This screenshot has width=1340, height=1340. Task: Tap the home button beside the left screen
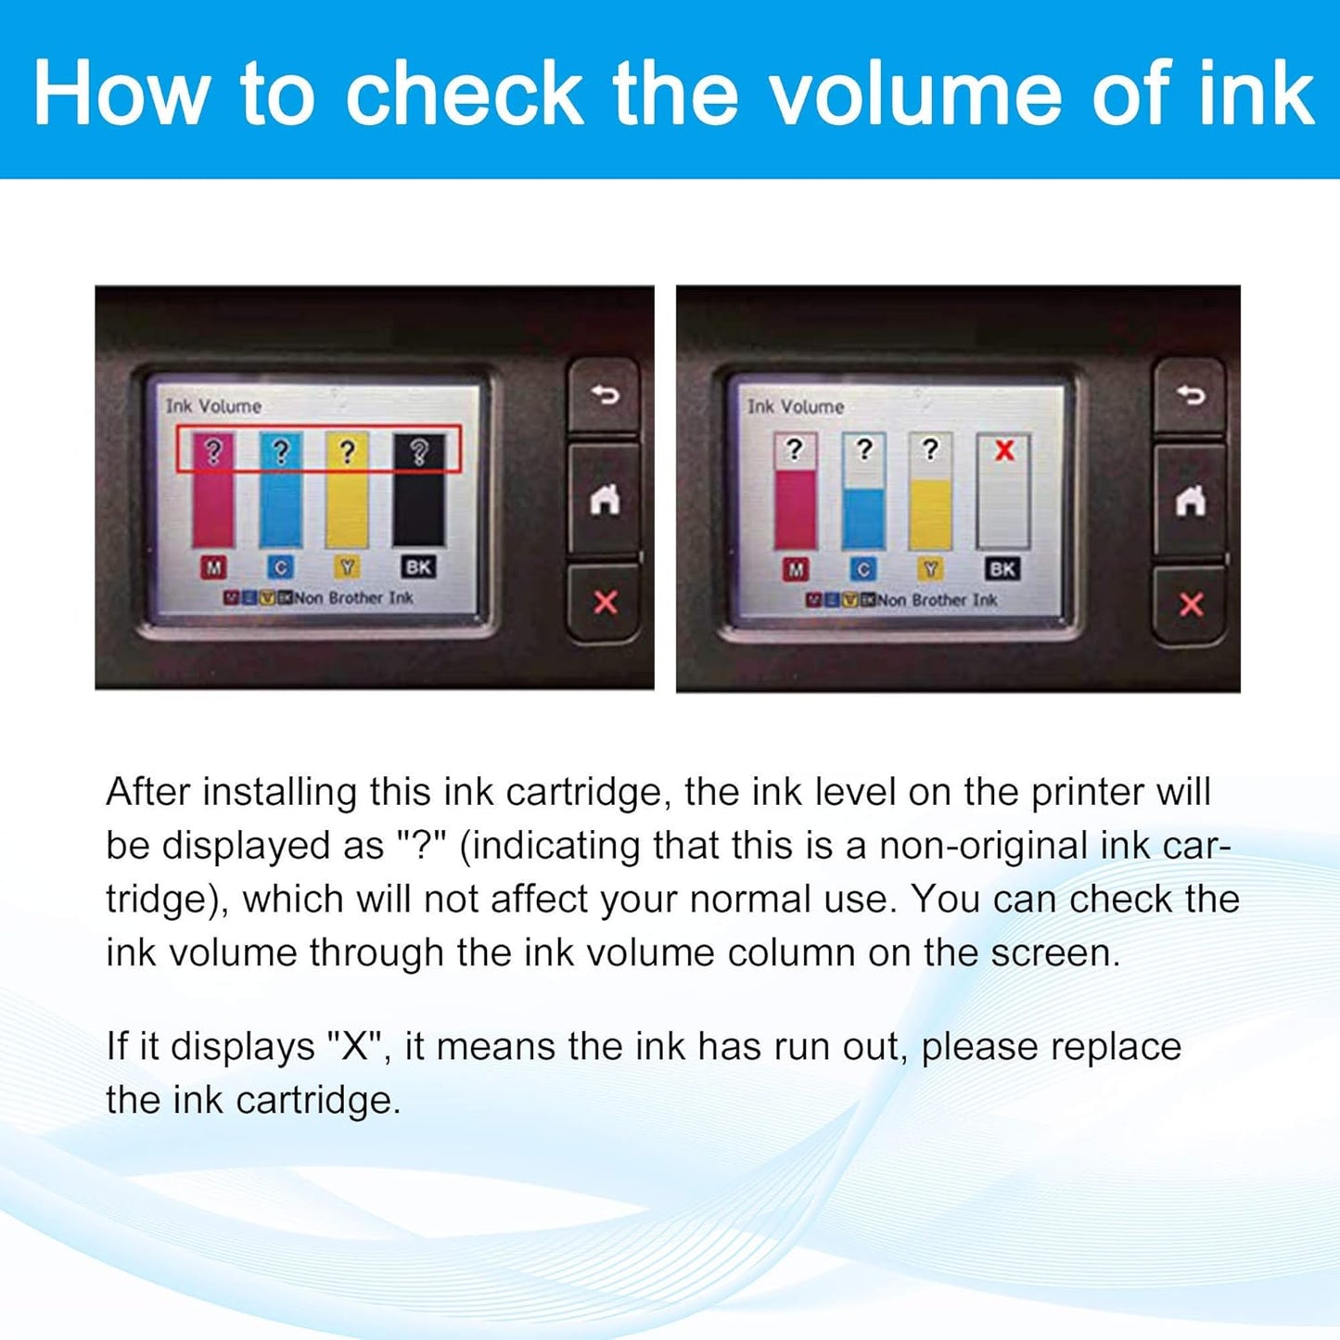click(605, 500)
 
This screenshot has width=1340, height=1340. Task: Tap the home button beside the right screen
click(1191, 501)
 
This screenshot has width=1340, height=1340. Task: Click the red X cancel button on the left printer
click(605, 603)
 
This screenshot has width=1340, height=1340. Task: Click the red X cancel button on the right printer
click(1191, 605)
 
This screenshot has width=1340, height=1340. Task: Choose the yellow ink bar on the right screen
click(930, 515)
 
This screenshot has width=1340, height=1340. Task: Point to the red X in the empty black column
click(1004, 452)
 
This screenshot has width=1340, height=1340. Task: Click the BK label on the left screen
click(418, 567)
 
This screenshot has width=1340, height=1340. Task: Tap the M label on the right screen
click(796, 569)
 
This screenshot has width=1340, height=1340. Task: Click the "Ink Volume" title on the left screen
click(213, 406)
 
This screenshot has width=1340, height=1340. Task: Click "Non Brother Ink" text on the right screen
click(937, 600)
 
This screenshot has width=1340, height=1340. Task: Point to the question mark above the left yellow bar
click(347, 452)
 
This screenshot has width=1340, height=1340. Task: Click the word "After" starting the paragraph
click(148, 792)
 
